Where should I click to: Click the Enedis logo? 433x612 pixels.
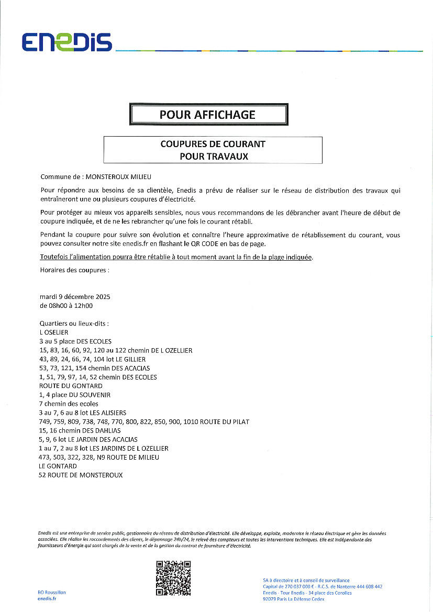click(66, 42)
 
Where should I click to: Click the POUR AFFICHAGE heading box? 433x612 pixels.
click(208, 115)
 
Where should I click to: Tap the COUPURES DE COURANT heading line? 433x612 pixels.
click(213, 144)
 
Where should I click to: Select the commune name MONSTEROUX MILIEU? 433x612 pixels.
click(115, 177)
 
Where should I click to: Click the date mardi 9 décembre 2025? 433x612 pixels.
click(75, 297)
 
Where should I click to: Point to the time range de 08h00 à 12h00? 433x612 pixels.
click(66, 306)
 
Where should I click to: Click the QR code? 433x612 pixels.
click(173, 578)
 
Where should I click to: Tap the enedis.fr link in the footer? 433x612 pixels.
click(47, 598)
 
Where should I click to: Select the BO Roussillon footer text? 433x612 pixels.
click(52, 592)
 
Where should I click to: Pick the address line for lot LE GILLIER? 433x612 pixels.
click(93, 359)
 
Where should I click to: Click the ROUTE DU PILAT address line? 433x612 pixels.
click(144, 421)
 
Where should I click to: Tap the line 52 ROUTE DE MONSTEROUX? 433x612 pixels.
click(81, 475)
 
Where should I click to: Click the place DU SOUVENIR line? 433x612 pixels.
click(75, 395)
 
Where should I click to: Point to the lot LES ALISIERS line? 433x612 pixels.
click(83, 413)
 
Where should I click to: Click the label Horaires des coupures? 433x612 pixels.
click(74, 270)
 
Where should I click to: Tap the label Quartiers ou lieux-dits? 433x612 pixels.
click(74, 324)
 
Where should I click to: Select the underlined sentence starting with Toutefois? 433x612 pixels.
click(176, 257)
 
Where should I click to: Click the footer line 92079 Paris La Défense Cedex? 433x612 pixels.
click(293, 599)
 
